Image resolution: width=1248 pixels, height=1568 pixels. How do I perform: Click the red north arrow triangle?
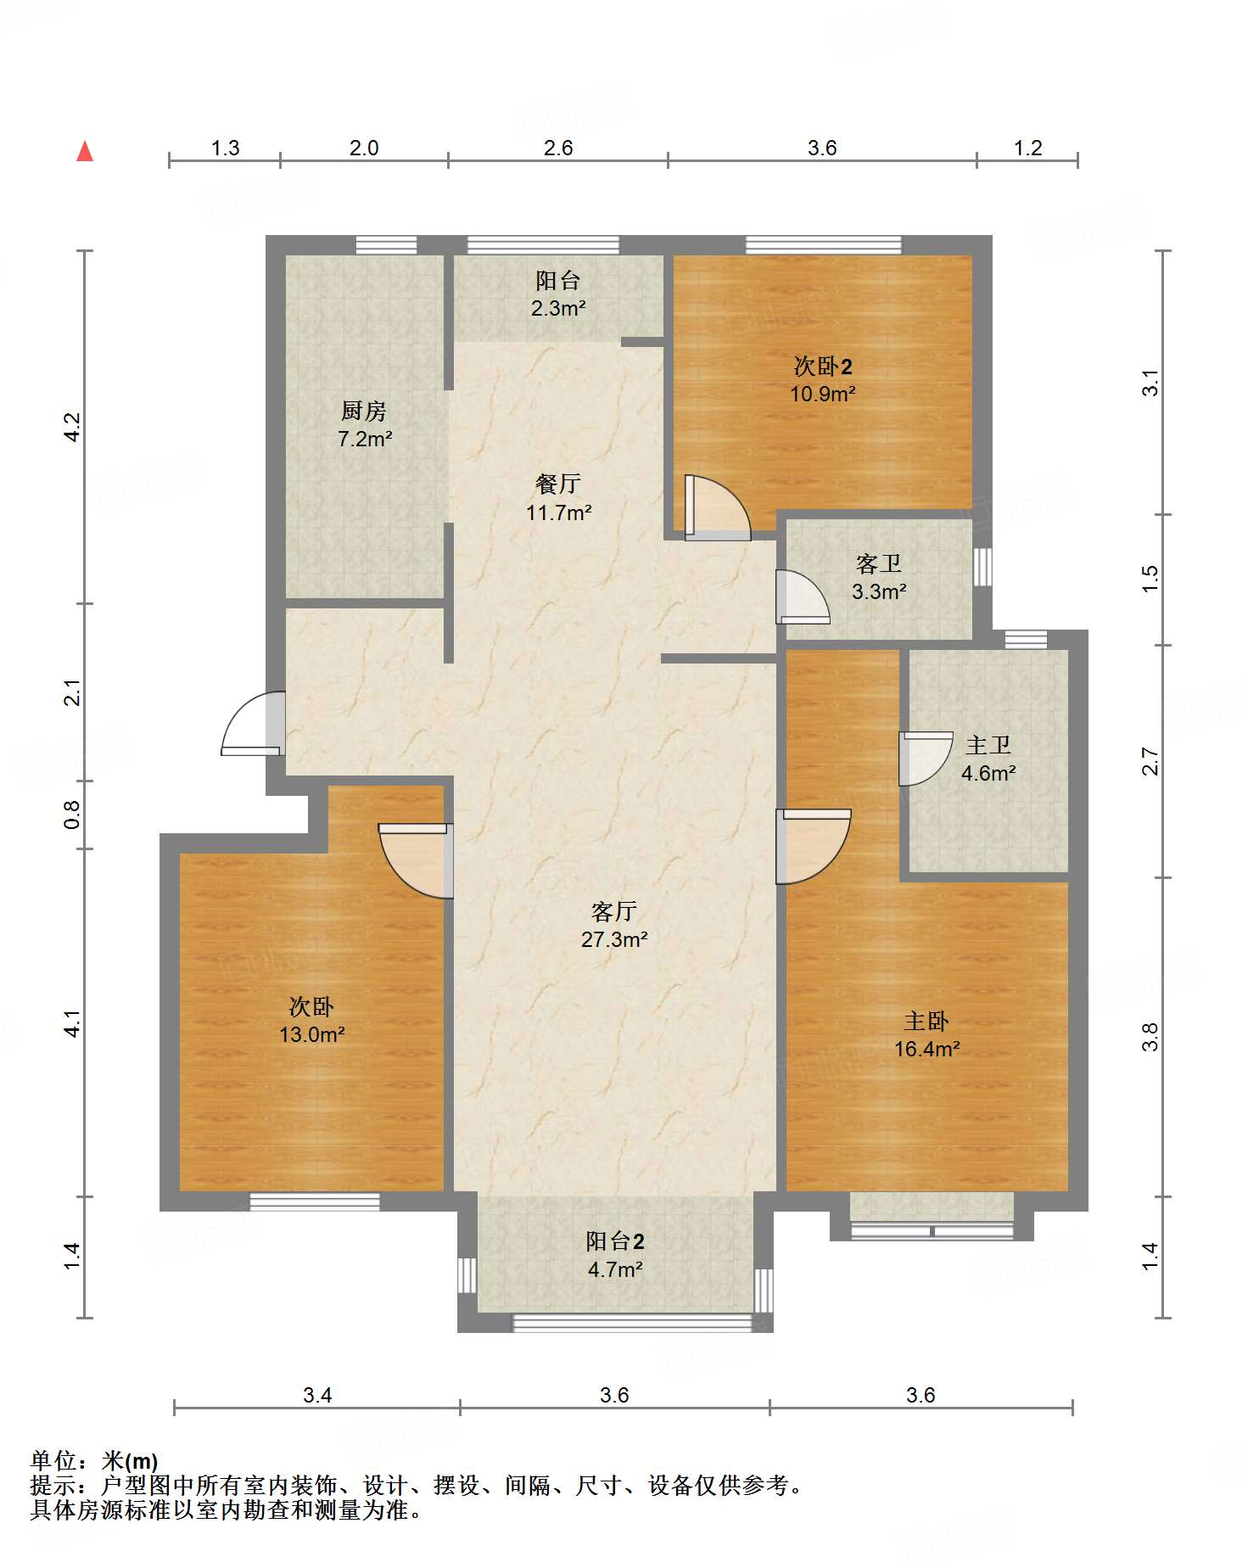coord(85,152)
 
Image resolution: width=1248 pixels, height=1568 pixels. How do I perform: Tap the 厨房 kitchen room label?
coord(364,412)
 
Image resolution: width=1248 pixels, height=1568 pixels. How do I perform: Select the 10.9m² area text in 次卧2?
coord(822,395)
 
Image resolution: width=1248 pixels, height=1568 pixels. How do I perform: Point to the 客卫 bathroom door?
coord(801,597)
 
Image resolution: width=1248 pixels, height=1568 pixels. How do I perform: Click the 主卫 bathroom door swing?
coord(923,757)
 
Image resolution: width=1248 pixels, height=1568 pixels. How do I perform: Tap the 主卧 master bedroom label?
coord(926,1022)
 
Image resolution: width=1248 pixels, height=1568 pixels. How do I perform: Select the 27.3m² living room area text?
coord(614,940)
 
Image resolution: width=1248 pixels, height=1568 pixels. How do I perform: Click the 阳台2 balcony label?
coord(615,1242)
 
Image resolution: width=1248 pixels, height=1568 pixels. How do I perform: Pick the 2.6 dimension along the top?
coord(558,148)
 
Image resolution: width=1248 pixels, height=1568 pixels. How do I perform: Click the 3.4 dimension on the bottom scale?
coord(317,1396)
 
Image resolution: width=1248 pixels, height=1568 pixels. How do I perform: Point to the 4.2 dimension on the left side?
coord(73,427)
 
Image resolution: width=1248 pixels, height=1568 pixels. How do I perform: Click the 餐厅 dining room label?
coord(558,484)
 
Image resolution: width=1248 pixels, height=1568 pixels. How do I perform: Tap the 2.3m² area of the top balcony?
coord(558,309)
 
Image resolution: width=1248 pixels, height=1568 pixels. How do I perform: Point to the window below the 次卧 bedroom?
coord(315,1201)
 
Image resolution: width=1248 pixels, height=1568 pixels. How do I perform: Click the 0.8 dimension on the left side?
coord(73,815)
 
